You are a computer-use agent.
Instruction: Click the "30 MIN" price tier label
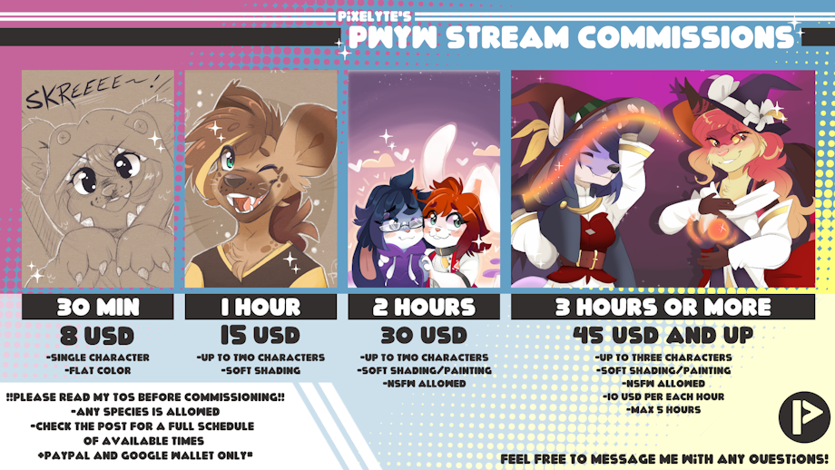point(98,307)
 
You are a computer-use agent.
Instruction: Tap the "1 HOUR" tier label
point(260,307)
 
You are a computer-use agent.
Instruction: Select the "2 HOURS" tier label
point(424,307)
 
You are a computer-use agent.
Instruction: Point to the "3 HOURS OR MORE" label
point(663,307)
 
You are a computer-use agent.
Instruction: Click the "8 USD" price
point(97,336)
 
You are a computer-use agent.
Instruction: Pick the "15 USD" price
point(260,336)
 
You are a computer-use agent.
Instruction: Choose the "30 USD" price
point(424,336)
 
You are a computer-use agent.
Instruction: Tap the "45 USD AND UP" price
point(663,335)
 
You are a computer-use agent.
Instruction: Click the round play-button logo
point(804,416)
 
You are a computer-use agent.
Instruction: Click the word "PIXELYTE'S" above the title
point(374,16)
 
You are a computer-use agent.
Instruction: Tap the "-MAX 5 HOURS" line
point(663,410)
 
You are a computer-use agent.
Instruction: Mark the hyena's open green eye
point(228,160)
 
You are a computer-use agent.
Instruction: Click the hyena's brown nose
point(234,181)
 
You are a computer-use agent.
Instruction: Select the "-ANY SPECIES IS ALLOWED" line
point(145,411)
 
